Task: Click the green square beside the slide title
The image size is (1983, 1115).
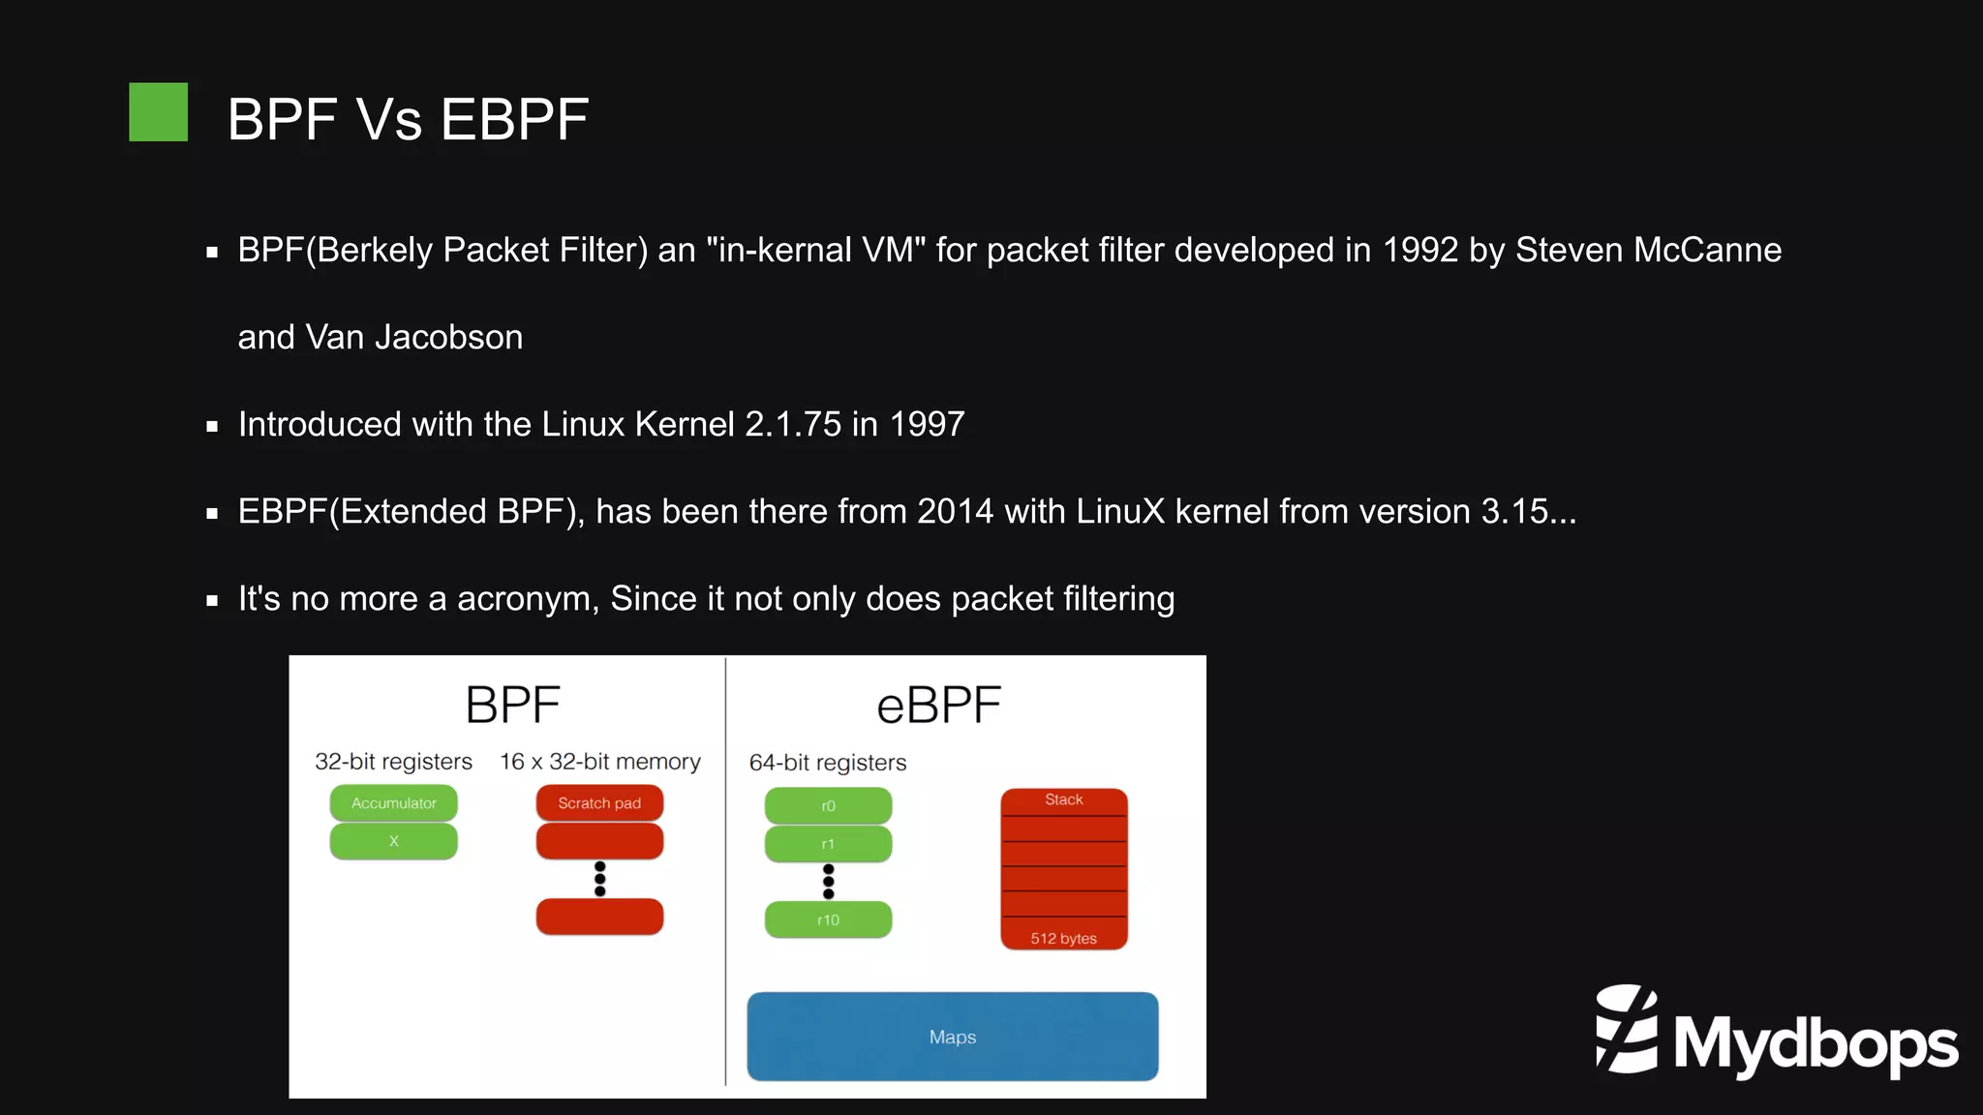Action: coord(158,112)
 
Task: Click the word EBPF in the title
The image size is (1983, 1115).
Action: coord(514,120)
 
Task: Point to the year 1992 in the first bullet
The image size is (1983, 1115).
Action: coord(1419,250)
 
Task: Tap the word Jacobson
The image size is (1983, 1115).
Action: coord(448,337)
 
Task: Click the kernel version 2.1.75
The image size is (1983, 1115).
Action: coord(793,424)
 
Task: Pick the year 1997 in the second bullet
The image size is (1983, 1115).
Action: coord(927,424)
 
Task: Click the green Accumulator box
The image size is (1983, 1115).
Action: coord(393,803)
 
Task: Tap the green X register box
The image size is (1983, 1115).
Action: coord(393,841)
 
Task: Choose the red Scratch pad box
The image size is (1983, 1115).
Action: coord(599,803)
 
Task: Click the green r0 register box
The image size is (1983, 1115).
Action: coord(828,805)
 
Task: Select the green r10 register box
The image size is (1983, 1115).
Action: coord(828,919)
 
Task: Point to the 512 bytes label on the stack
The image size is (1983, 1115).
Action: coord(1063,938)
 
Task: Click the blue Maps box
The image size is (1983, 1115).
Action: coord(952,1037)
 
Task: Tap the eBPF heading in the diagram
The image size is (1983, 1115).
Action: coord(938,706)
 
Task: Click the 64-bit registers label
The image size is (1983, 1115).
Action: coord(828,763)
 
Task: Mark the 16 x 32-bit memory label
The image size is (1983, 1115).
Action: coord(599,762)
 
